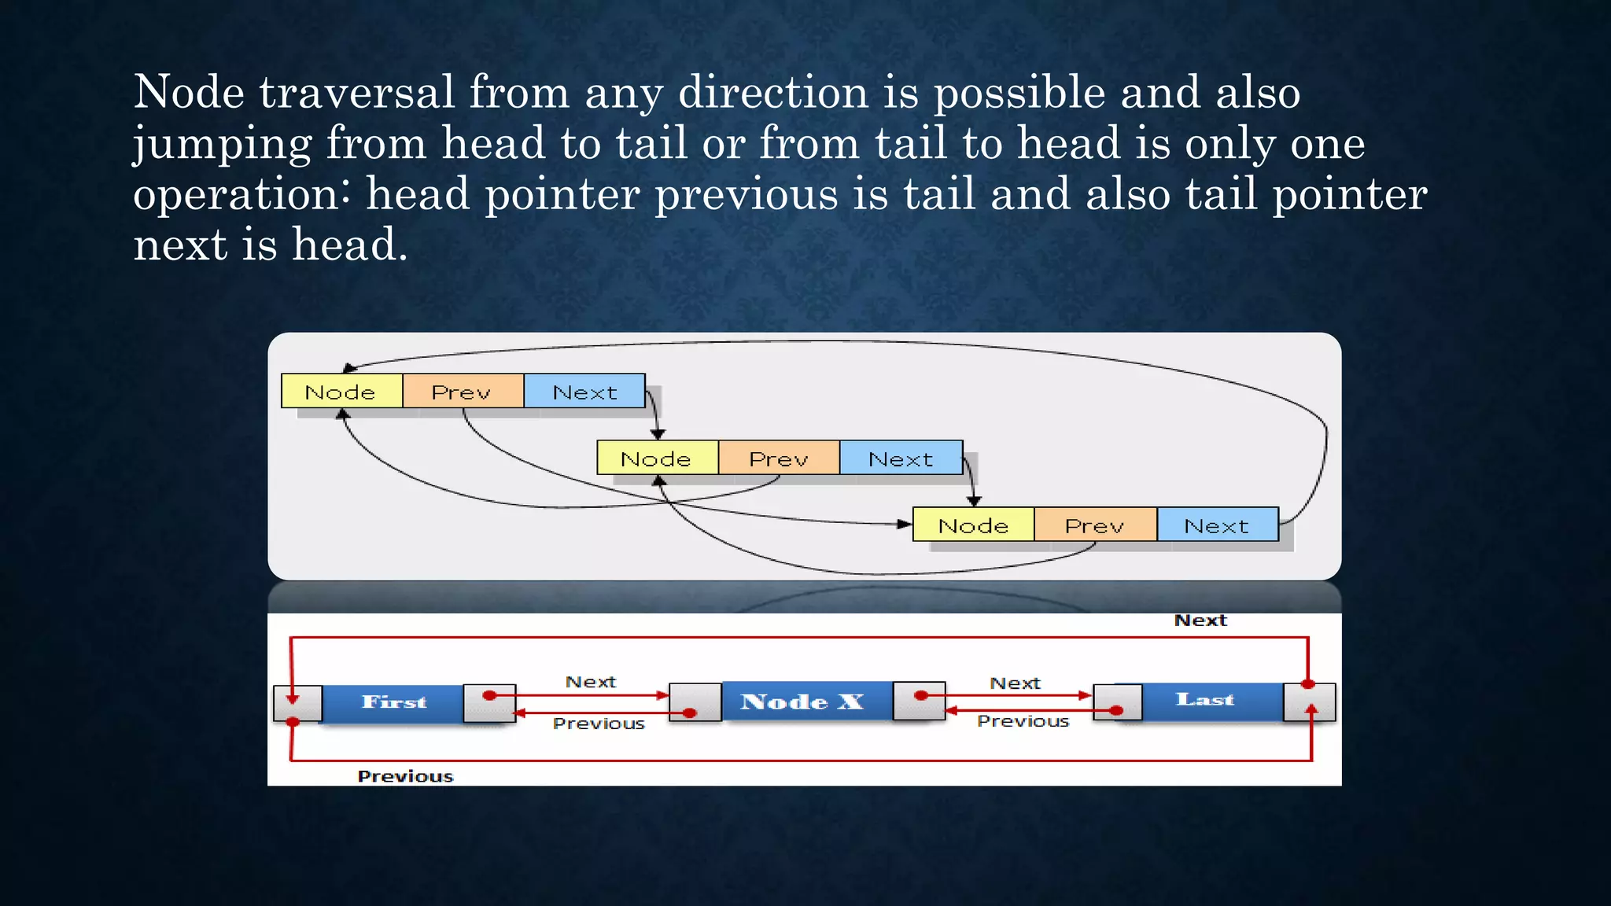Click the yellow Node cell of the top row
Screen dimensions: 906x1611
click(341, 391)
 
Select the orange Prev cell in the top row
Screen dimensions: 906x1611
click(463, 391)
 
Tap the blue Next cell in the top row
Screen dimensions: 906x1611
click(584, 391)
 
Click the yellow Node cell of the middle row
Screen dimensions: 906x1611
click(657, 458)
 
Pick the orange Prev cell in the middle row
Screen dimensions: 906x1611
click(779, 458)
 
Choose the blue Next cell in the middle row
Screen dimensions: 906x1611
click(901, 458)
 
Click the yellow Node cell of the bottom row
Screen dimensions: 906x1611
click(973, 525)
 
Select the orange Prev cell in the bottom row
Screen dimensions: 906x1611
click(1095, 525)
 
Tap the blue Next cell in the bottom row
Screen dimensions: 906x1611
click(1217, 525)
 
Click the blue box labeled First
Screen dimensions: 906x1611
click(393, 702)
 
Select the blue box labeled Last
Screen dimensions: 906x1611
click(1206, 699)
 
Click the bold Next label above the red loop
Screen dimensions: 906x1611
click(1200, 621)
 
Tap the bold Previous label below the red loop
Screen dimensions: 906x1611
click(406, 776)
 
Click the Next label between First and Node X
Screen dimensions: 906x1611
click(591, 682)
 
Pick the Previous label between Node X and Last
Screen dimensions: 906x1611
click(1023, 721)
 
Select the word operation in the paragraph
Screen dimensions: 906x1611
click(241, 194)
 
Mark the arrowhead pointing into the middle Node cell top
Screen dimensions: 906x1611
click(658, 433)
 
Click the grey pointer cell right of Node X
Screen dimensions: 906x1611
click(919, 701)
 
